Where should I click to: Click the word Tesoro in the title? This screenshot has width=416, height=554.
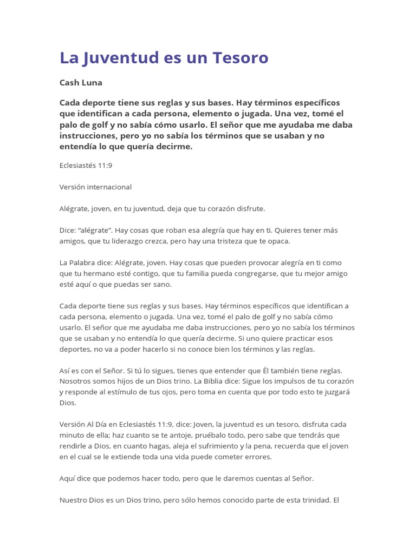pos(242,58)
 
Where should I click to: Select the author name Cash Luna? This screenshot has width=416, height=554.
pos(81,83)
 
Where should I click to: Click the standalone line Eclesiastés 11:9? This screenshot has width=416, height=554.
pos(86,166)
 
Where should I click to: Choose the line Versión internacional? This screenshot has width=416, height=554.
pos(95,187)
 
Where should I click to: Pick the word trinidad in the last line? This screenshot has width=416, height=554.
pos(313,500)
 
